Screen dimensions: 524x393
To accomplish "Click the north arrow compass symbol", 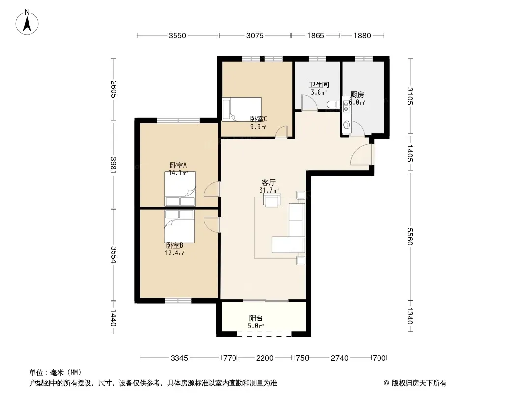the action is pos(27,23).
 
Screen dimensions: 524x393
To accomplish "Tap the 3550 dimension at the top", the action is pos(177,36).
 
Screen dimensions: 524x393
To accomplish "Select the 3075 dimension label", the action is pos(255,36).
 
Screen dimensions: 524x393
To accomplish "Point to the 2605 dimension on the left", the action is pos(113,89).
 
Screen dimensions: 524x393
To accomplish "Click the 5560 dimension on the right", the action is pos(410,237).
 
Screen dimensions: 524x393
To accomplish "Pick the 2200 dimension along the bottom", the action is pos(264,358).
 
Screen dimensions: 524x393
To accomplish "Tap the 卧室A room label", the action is pos(178,165).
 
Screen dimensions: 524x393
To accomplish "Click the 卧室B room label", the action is pos(175,246).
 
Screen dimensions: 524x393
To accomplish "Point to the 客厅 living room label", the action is pos(269,183).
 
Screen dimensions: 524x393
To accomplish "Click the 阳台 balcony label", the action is pos(256,318).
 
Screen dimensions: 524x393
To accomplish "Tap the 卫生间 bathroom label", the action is pos(319,85).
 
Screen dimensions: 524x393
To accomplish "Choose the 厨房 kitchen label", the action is pos(357,95).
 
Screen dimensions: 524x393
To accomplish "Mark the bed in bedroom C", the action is pos(242,110).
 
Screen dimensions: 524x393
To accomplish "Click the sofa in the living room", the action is pos(289,228).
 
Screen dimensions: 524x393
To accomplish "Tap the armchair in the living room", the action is pos(271,200).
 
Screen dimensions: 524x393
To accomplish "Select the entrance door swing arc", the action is pos(359,152).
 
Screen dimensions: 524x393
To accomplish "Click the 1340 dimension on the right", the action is pos(410,316).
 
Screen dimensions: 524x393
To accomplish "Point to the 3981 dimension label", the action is pos(113,165).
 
